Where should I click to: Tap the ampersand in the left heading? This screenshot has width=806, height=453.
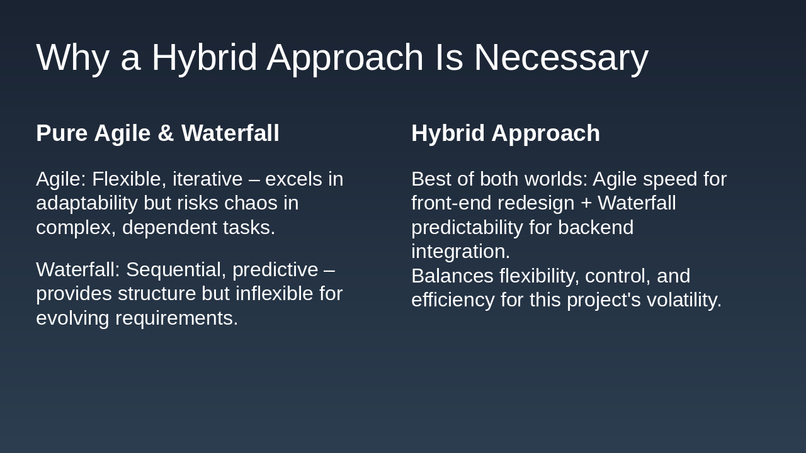tap(166, 133)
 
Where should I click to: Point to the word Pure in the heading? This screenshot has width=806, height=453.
tap(62, 133)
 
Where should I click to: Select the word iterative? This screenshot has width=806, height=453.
tap(208, 179)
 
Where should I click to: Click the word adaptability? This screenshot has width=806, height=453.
tap(87, 203)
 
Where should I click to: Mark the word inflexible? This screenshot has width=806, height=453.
tap(274, 294)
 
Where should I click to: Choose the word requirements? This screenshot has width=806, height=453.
tap(176, 318)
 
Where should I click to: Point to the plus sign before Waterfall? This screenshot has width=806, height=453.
tap(586, 203)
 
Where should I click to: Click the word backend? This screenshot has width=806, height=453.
tap(596, 228)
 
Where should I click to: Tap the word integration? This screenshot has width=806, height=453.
tap(460, 252)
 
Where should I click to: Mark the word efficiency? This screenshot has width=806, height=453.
tap(453, 300)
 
